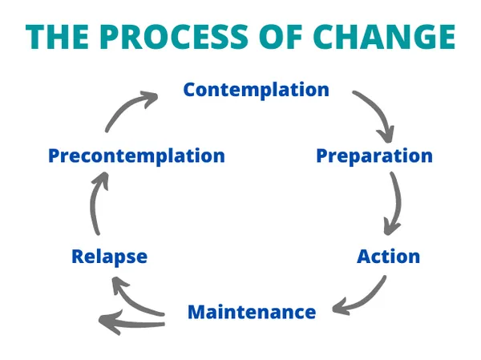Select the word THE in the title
pyautogui.click(x=60, y=37)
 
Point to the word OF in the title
pyautogui.click(x=268, y=37)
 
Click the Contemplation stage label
pyautogui.click(x=256, y=89)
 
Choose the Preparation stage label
pyautogui.click(x=374, y=155)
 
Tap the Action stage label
pyautogui.click(x=388, y=257)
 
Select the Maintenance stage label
pyautogui.click(x=251, y=311)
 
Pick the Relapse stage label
pyautogui.click(x=109, y=257)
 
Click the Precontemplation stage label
pyautogui.click(x=136, y=155)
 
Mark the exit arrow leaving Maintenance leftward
pyautogui.click(x=128, y=322)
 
